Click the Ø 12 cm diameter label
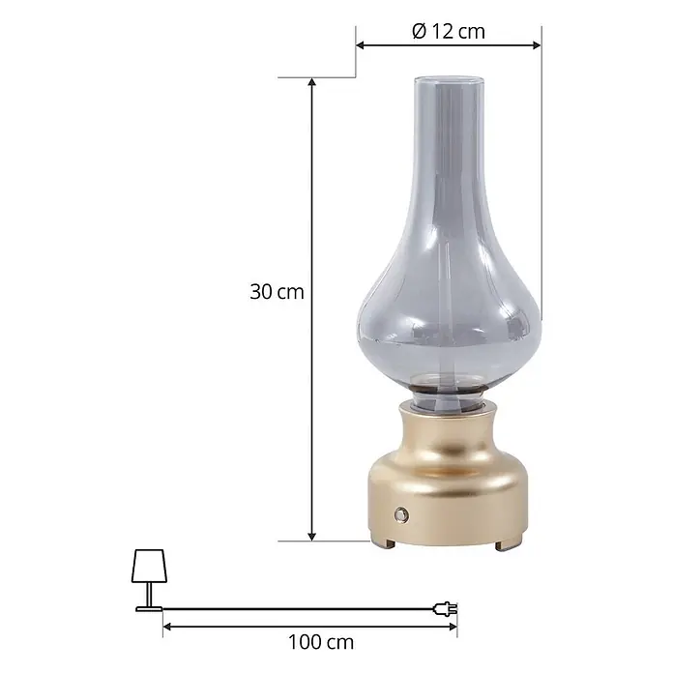click(449, 31)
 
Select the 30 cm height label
click(277, 292)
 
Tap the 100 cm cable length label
click(321, 642)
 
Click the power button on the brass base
click(401, 513)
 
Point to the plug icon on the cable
click(445, 608)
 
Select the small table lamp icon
click(149, 580)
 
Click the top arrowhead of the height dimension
click(312, 81)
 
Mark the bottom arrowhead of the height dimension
click(312, 537)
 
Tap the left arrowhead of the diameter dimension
click(361, 45)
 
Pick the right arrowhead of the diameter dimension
click(537, 45)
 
